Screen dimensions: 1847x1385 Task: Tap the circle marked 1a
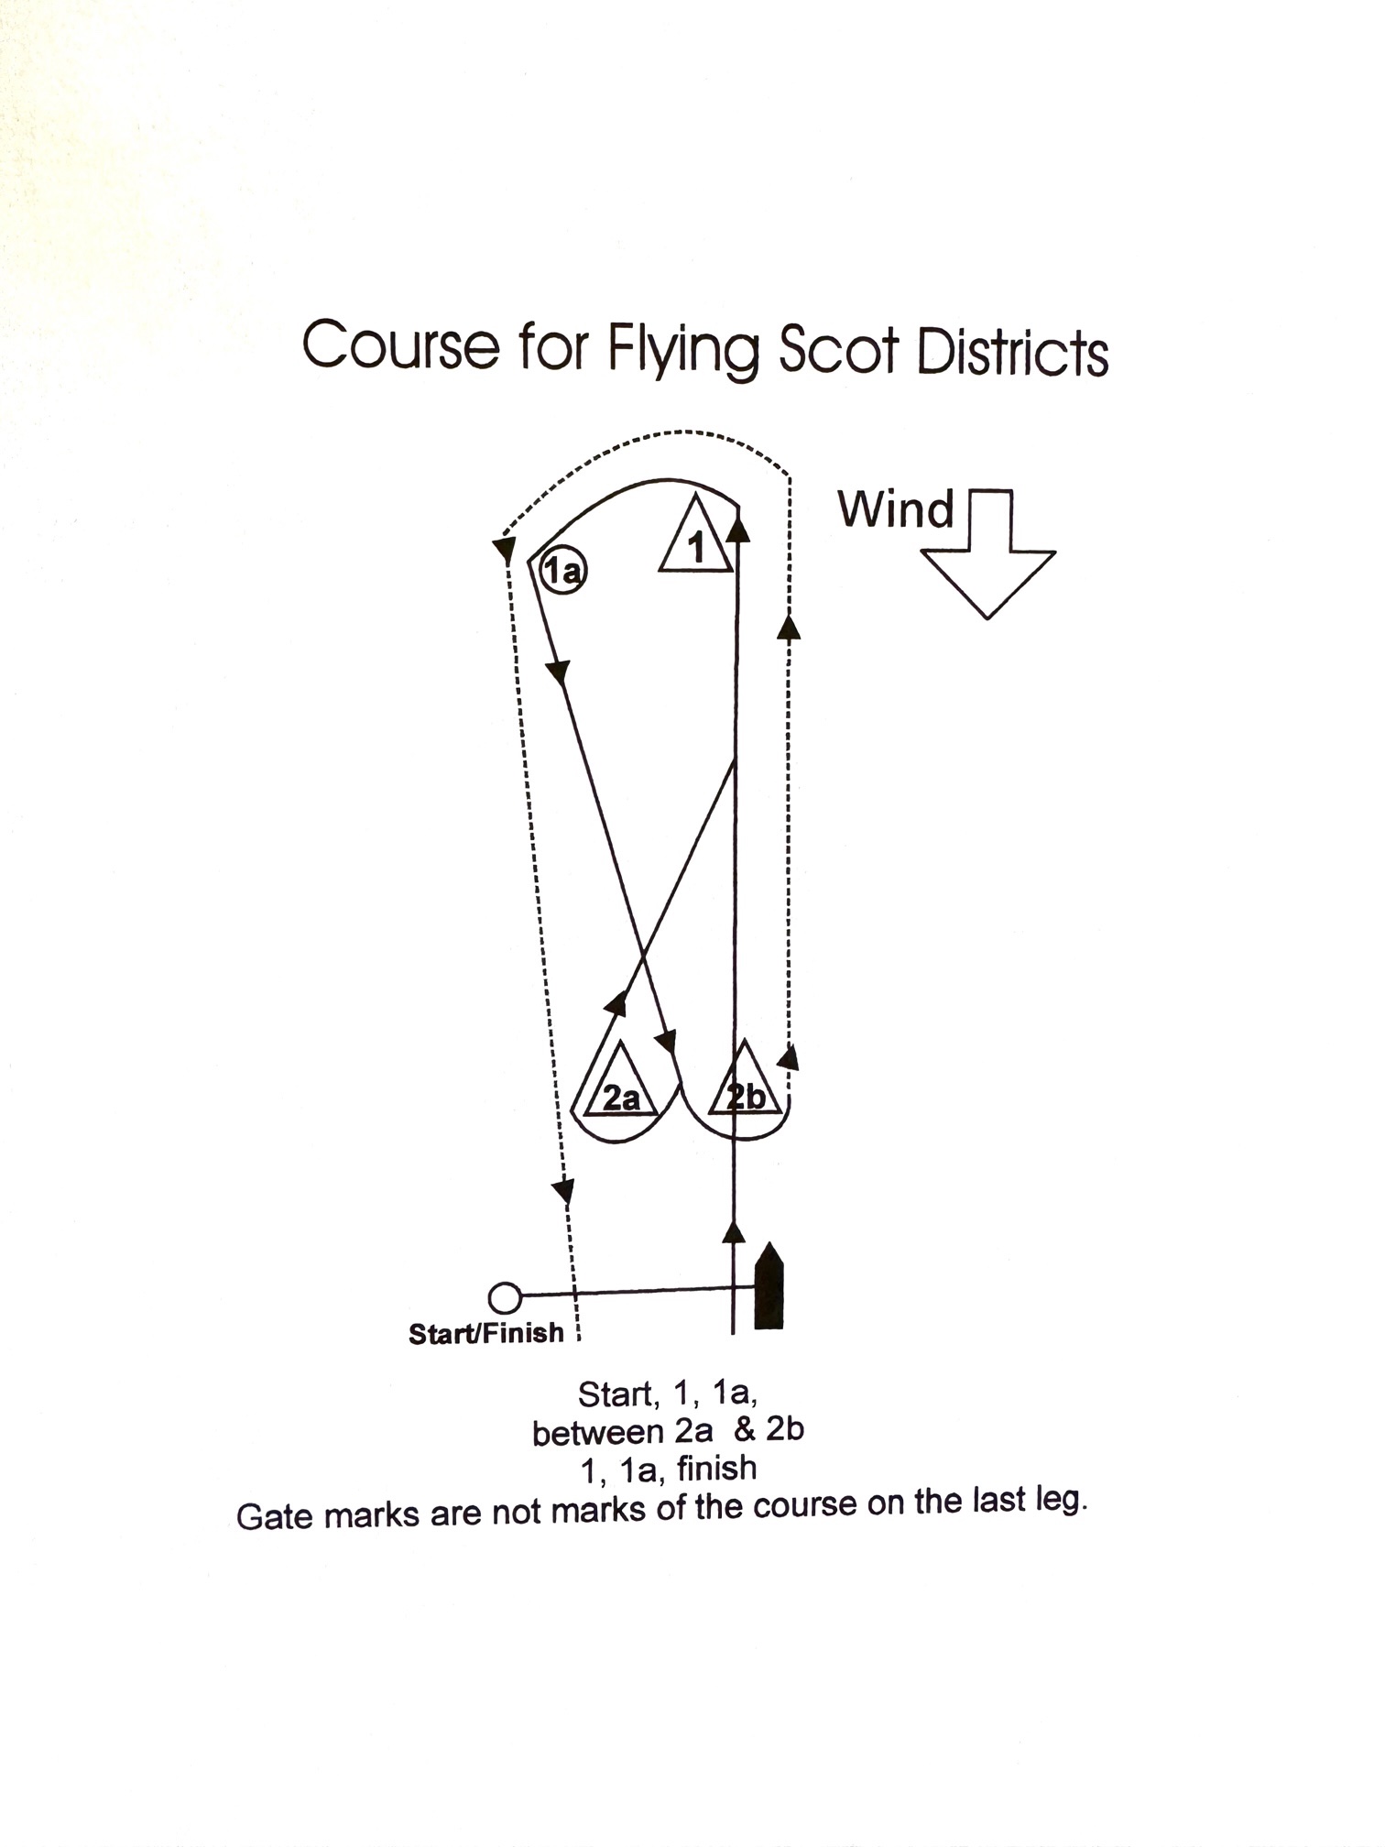563,571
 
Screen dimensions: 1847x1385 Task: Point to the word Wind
896,509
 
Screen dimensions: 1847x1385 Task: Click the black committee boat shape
769,1286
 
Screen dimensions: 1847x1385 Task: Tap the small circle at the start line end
504,1297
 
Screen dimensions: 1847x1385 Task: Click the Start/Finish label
486,1333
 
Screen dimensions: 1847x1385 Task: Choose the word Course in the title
401,346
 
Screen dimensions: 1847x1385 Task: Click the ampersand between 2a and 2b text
745,1430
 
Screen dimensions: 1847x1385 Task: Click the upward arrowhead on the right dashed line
789,627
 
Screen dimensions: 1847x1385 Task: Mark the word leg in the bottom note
1060,1503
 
